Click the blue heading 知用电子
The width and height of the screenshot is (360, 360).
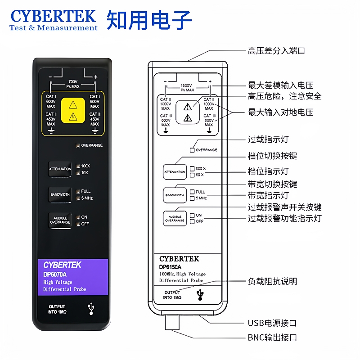click(149, 19)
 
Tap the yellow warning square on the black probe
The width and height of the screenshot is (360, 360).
click(72, 112)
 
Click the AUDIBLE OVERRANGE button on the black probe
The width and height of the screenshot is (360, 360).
click(60, 220)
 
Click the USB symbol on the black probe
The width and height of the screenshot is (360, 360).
click(92, 308)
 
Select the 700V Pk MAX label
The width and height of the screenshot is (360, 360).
click(72, 84)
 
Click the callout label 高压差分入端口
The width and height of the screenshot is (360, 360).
click(276, 51)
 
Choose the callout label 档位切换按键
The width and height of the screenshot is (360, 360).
click(272, 156)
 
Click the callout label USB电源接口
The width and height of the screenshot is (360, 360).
click(272, 323)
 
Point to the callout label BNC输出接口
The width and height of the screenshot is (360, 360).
click(272, 337)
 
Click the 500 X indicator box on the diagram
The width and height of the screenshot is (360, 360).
click(192, 168)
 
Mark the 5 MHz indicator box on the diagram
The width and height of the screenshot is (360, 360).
click(192, 198)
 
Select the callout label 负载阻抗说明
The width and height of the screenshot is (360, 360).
click(272, 281)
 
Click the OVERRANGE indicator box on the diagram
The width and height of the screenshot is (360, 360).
click(192, 150)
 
